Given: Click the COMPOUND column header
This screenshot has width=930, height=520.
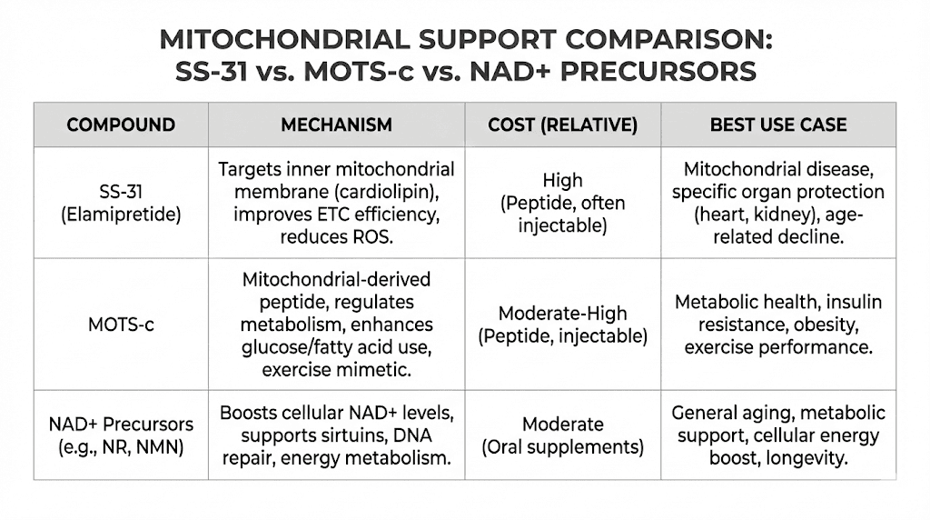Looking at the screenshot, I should (x=121, y=125).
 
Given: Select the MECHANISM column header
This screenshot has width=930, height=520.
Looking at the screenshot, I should (x=336, y=125).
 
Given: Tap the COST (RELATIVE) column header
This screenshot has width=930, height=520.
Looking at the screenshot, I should (x=562, y=125).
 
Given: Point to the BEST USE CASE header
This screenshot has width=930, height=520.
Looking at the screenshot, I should (x=778, y=125).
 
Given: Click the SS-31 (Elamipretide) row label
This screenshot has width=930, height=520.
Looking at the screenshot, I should (x=121, y=203).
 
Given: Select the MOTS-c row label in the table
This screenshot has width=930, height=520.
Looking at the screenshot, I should (x=121, y=325).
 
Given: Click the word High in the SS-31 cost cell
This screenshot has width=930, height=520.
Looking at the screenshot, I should (x=562, y=180).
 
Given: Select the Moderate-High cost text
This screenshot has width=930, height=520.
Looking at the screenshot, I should (x=562, y=314).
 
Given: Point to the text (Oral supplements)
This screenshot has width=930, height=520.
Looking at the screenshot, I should (x=562, y=446).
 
